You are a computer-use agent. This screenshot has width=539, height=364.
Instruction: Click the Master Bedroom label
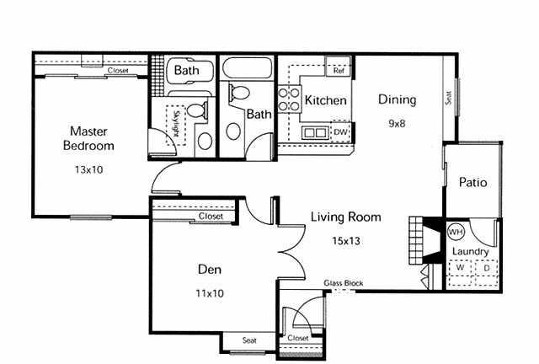[x=88, y=138]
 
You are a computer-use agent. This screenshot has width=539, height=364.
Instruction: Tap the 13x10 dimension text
[x=89, y=169]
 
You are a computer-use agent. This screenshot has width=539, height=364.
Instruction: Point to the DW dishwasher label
[x=340, y=132]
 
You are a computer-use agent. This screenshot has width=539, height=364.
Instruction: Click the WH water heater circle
[x=456, y=233]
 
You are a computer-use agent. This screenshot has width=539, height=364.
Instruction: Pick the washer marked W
[x=461, y=268]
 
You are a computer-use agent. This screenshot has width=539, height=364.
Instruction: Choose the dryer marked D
[x=487, y=268]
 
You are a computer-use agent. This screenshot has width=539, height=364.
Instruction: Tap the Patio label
[x=473, y=182]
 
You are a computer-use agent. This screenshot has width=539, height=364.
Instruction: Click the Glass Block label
[x=344, y=283]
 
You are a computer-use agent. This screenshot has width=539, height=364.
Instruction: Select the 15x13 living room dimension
[x=346, y=241]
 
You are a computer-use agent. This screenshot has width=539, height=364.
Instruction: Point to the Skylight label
[x=177, y=124]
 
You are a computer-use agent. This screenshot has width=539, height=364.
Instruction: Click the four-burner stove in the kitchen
[x=289, y=99]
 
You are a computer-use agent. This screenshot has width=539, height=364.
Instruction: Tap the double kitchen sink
[x=314, y=132]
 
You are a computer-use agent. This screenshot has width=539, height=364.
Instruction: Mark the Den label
[x=210, y=270]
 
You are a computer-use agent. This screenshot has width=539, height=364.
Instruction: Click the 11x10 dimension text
[x=210, y=293]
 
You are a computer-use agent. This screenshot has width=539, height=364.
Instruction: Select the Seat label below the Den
[x=249, y=340]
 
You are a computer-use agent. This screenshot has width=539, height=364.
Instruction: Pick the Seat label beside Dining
[x=448, y=98]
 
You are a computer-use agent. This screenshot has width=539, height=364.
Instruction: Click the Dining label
[x=397, y=99]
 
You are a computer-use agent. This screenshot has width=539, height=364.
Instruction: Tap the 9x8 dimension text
[x=397, y=124]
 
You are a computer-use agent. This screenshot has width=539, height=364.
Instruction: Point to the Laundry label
[x=470, y=251]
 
